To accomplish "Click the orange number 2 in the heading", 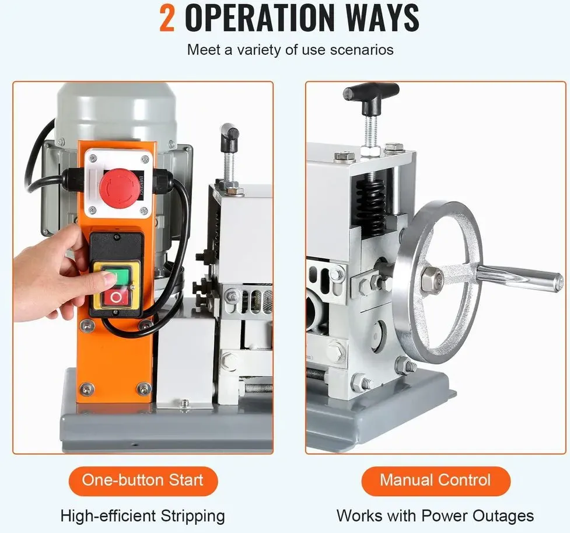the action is pos(167,18).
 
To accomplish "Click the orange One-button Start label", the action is pos(143,480).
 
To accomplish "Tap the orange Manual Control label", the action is pos(435,480).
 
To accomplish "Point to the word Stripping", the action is pos(193,517).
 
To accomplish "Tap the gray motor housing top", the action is pos(116,109).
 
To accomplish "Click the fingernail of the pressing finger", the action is pos(109,278).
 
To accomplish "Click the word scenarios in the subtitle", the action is pos(362,50).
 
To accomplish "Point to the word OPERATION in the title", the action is pos(258,18).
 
